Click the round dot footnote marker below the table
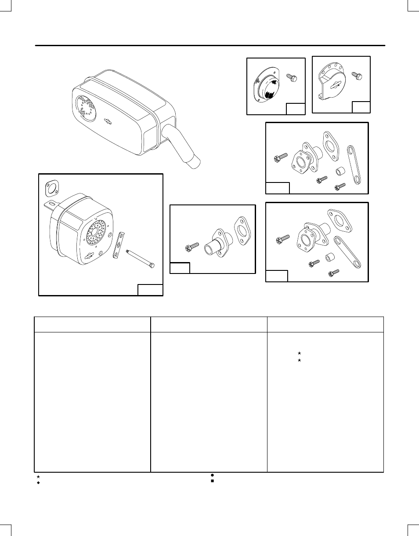tap(212, 476)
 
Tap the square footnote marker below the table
tap(212, 481)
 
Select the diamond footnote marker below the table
tap(39, 482)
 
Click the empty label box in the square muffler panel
tap(150, 290)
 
